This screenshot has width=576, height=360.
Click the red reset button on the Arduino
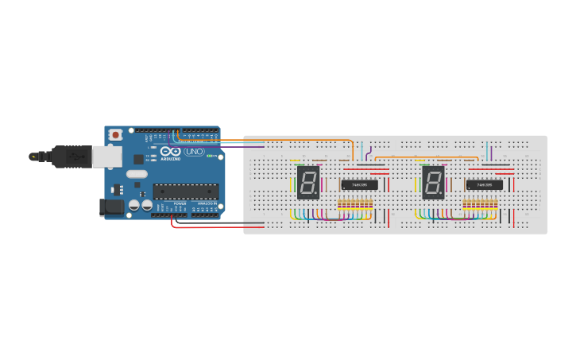(117, 135)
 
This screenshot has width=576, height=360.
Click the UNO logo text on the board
(194, 152)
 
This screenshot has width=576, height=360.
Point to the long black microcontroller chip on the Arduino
(185, 191)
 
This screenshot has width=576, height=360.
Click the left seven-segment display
(308, 183)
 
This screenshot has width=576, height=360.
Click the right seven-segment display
(433, 183)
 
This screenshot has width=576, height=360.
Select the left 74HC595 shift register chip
(359, 184)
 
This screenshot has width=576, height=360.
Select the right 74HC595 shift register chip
(484, 184)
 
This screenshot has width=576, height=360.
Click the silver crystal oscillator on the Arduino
(137, 174)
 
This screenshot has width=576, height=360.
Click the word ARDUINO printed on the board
(171, 158)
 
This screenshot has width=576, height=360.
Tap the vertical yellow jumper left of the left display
(294, 184)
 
